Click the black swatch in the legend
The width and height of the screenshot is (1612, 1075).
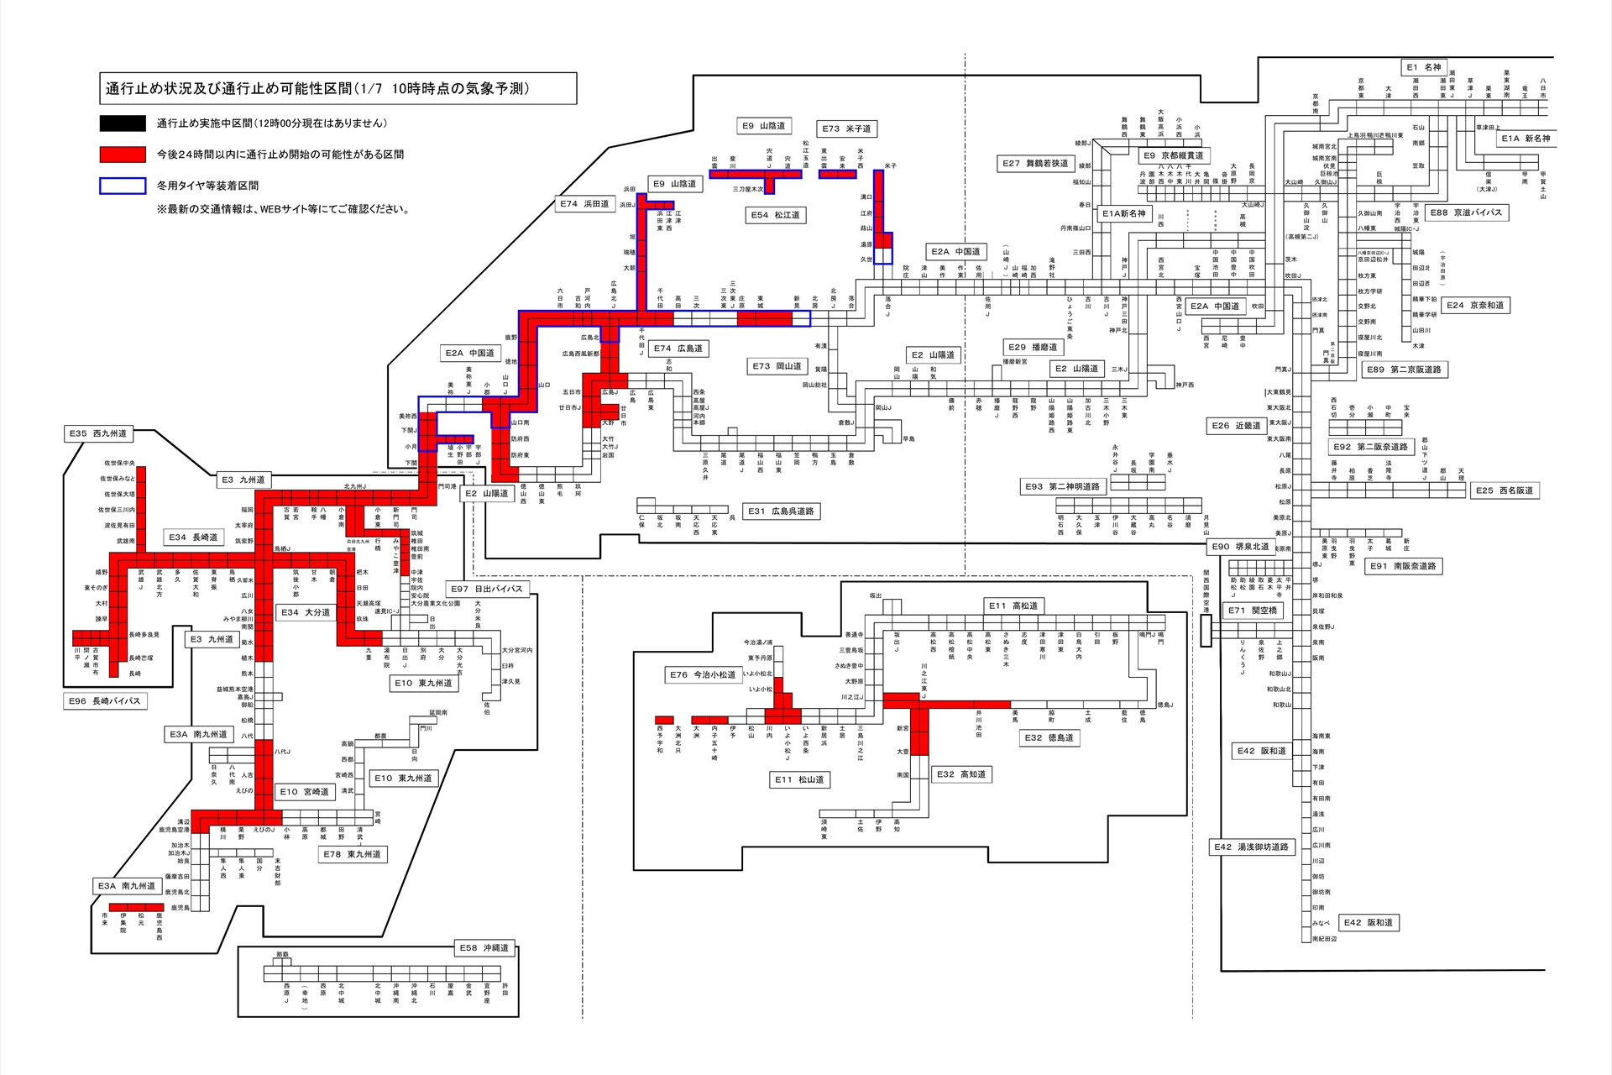click(x=123, y=123)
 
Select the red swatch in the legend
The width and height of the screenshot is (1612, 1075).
click(x=123, y=155)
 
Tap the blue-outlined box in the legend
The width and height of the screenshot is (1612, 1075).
click(x=123, y=186)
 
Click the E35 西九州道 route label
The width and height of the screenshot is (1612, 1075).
click(x=98, y=433)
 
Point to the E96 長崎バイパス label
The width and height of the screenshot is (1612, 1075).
click(x=105, y=700)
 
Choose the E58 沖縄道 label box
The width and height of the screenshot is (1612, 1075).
click(x=484, y=947)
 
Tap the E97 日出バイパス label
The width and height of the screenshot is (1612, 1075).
click(x=487, y=589)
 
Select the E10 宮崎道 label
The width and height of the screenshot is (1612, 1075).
click(x=305, y=791)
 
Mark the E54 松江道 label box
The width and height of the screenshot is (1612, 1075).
click(x=776, y=215)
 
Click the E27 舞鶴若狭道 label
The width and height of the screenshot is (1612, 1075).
click(x=1035, y=163)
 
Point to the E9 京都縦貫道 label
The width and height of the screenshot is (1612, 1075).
click(x=1174, y=155)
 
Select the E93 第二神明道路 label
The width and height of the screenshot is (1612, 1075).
click(x=1063, y=486)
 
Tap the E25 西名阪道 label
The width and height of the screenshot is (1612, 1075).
click(x=1505, y=490)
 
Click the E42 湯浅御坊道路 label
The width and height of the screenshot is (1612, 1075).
click(x=1251, y=847)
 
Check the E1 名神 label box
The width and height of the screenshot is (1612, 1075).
click(x=1424, y=67)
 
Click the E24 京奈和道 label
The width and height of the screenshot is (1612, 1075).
click(x=1475, y=305)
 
